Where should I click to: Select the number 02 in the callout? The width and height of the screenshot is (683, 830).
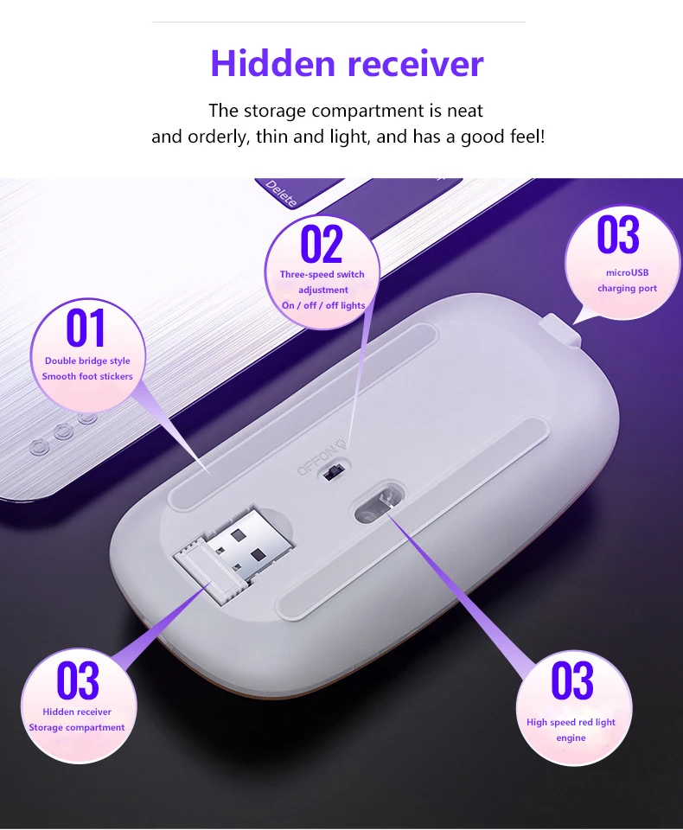[322, 244]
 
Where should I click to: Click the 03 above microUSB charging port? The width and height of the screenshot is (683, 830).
[618, 235]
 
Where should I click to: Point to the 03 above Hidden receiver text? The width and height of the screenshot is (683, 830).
[78, 680]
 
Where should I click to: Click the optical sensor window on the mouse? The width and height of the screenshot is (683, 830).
[374, 509]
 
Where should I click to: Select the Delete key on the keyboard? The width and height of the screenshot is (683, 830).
[281, 193]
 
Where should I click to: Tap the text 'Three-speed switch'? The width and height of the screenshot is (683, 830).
[322, 274]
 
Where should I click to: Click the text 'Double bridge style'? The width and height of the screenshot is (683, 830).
[87, 361]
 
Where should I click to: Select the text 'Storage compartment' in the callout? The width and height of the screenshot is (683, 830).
[77, 728]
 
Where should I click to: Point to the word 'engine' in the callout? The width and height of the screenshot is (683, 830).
[571, 737]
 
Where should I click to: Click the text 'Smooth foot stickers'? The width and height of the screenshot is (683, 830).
[87, 376]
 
